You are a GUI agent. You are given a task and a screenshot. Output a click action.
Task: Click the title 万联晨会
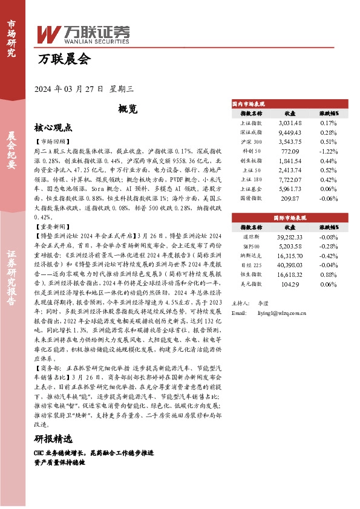click(x=63, y=60)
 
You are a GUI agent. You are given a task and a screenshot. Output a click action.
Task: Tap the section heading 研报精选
click(x=53, y=439)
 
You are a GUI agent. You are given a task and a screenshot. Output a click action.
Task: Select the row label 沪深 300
click(x=251, y=141)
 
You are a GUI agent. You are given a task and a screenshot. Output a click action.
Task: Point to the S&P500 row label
click(x=251, y=247)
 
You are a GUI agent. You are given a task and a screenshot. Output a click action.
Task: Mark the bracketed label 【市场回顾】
click(x=53, y=140)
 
